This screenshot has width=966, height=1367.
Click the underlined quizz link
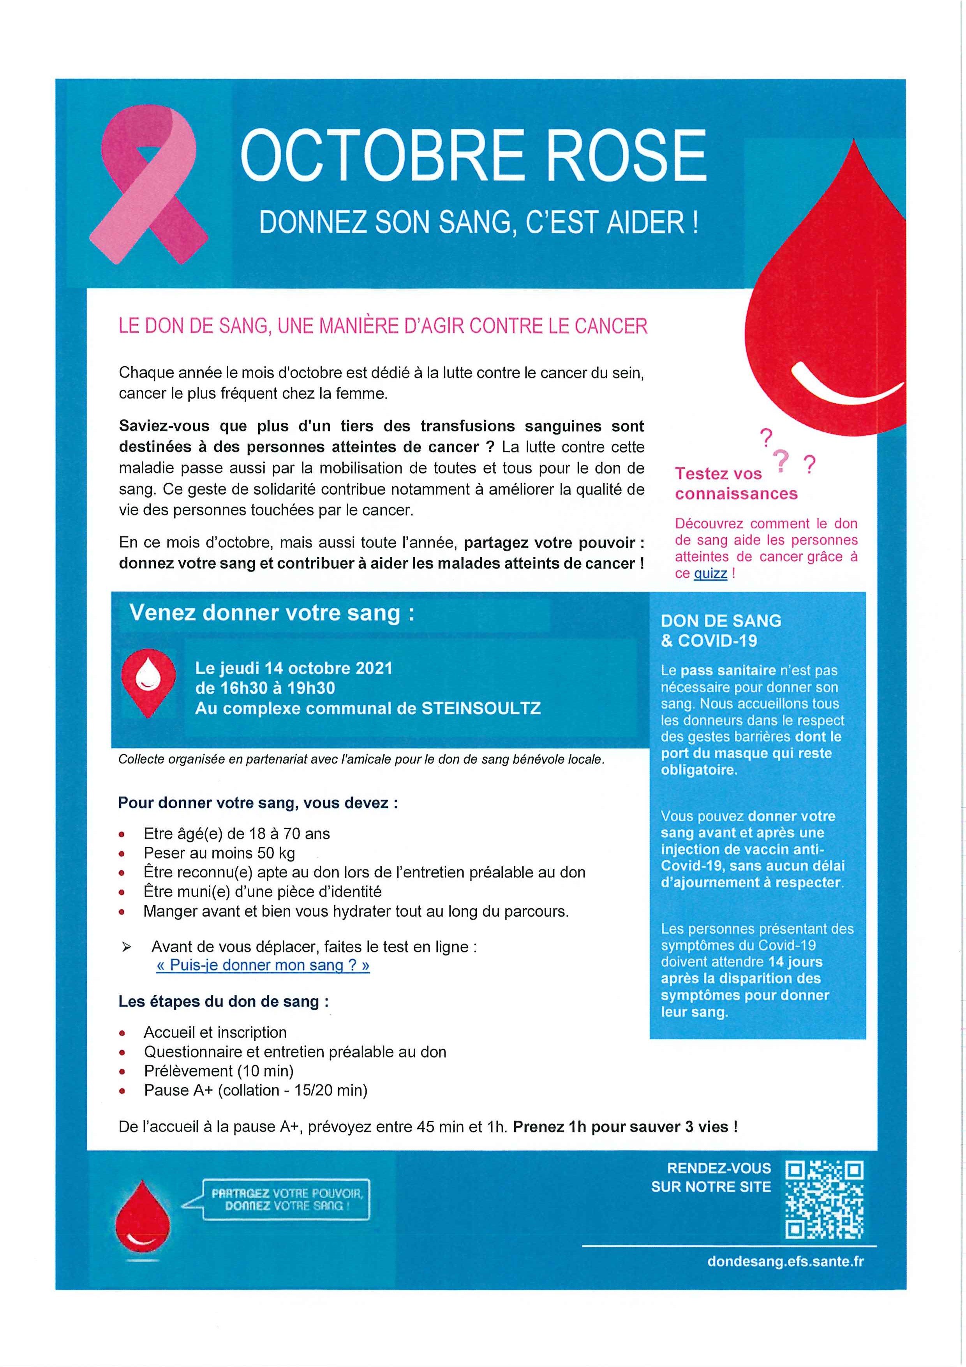(710, 573)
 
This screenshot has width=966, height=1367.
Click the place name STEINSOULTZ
(481, 708)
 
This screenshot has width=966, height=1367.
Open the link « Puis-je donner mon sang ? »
(263, 966)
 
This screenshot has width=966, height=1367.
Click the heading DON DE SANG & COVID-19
(720, 631)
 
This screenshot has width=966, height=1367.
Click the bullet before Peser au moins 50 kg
(122, 854)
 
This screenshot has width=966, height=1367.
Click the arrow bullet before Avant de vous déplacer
(126, 947)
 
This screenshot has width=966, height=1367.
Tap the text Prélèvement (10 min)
(219, 1071)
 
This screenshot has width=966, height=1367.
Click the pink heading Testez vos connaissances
(736, 484)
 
